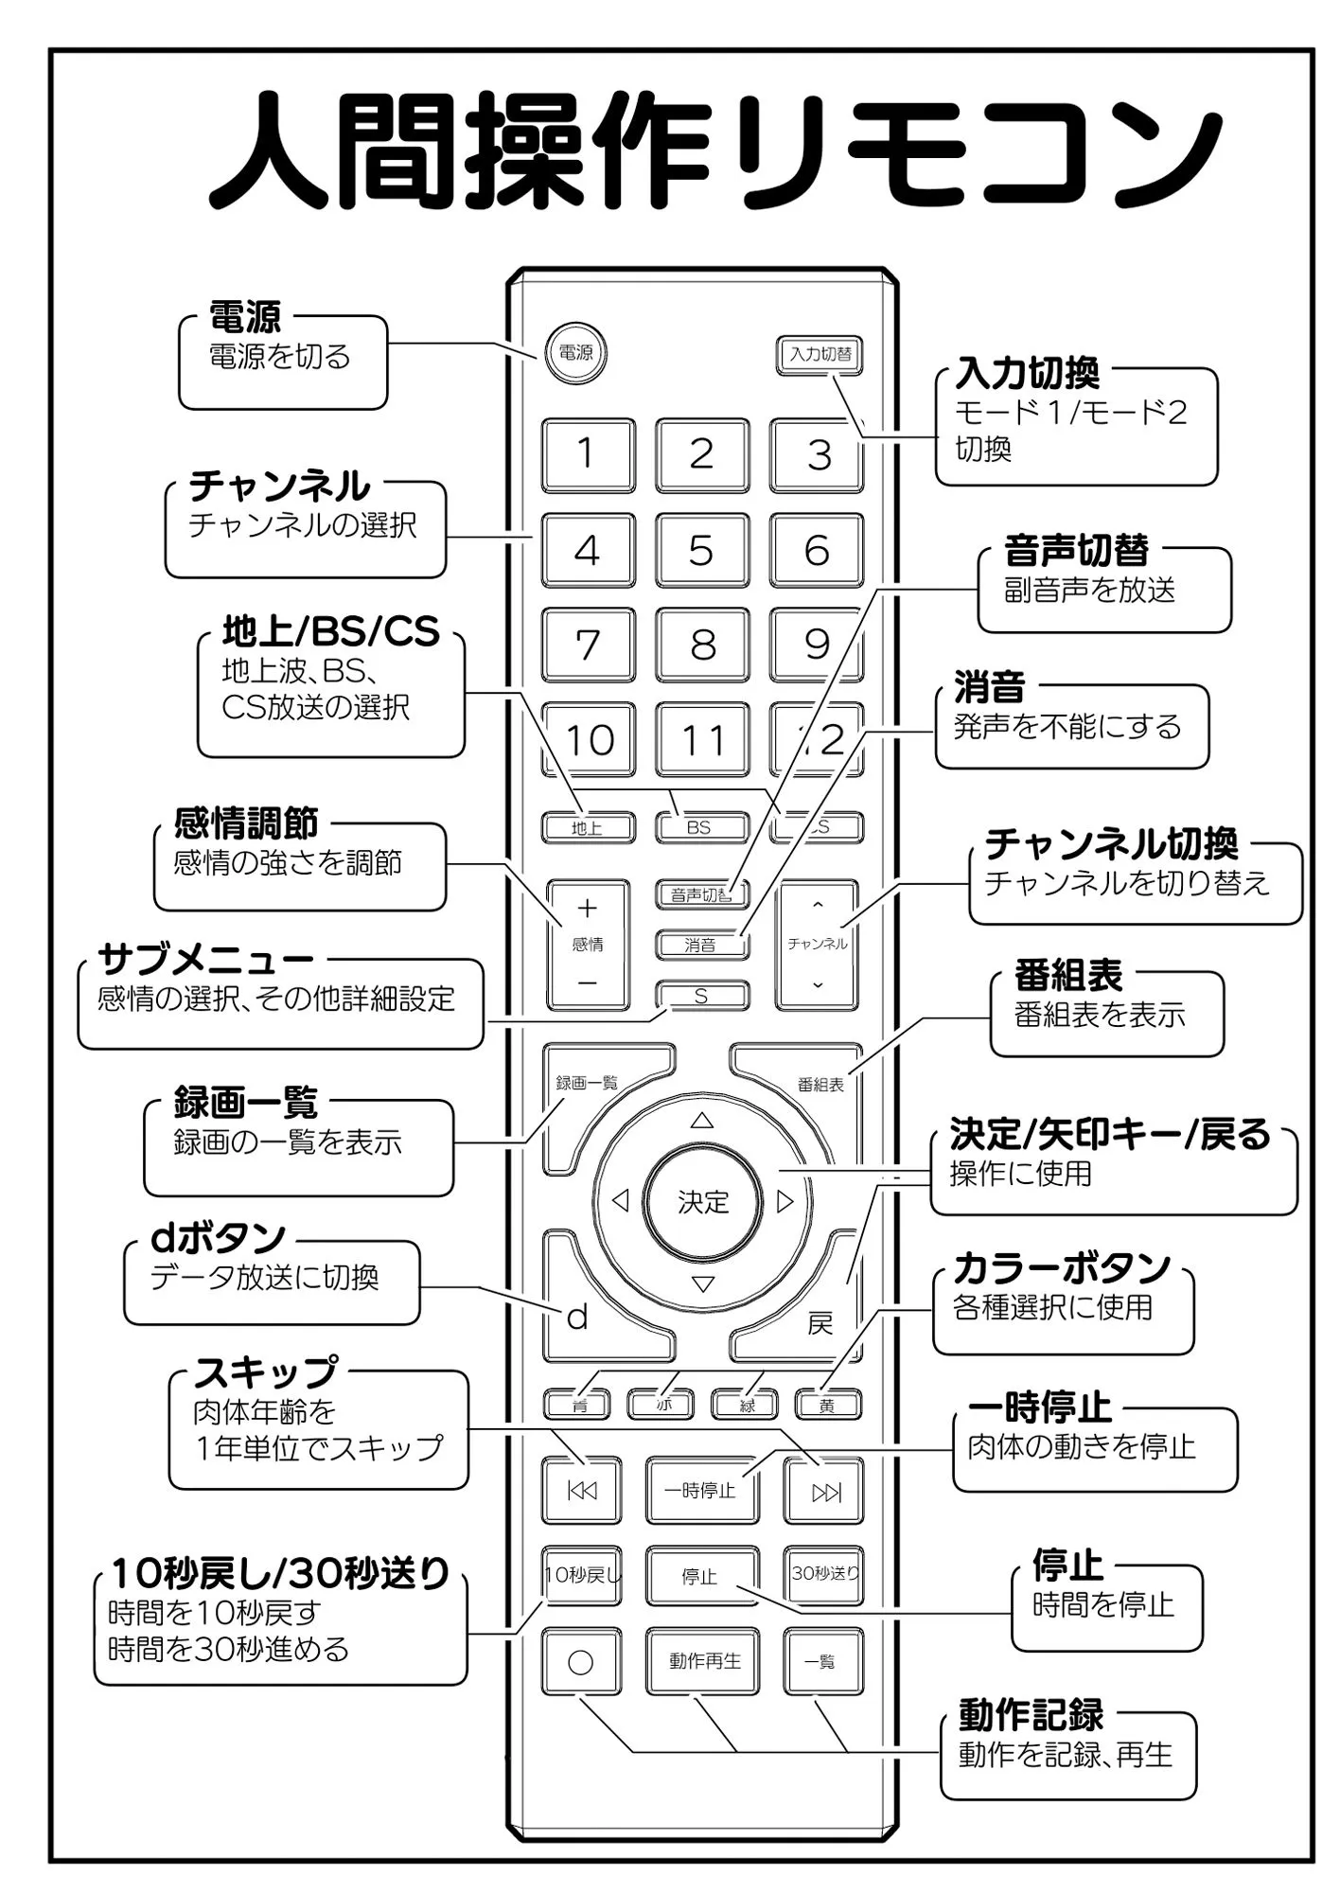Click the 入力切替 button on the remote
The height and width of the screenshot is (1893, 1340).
(x=820, y=355)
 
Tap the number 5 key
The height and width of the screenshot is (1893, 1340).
(x=701, y=550)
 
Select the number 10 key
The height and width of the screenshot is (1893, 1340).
(x=588, y=739)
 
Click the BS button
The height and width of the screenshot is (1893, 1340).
(x=700, y=827)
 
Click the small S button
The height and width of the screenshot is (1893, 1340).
(x=701, y=996)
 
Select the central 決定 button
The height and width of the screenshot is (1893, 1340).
(x=702, y=1202)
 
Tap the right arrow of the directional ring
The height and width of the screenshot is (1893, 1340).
(x=785, y=1202)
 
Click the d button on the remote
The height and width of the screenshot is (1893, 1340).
(x=578, y=1317)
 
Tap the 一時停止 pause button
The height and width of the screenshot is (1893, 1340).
(x=701, y=1491)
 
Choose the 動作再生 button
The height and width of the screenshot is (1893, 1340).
(x=703, y=1661)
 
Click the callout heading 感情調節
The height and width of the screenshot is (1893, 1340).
(x=245, y=823)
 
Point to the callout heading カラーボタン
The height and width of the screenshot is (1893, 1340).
(x=1061, y=1267)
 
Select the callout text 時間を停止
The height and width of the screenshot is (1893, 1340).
(x=1102, y=1604)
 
